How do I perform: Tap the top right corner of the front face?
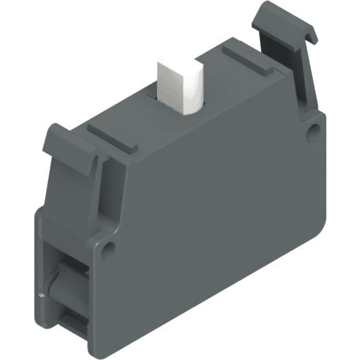point(321,117)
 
